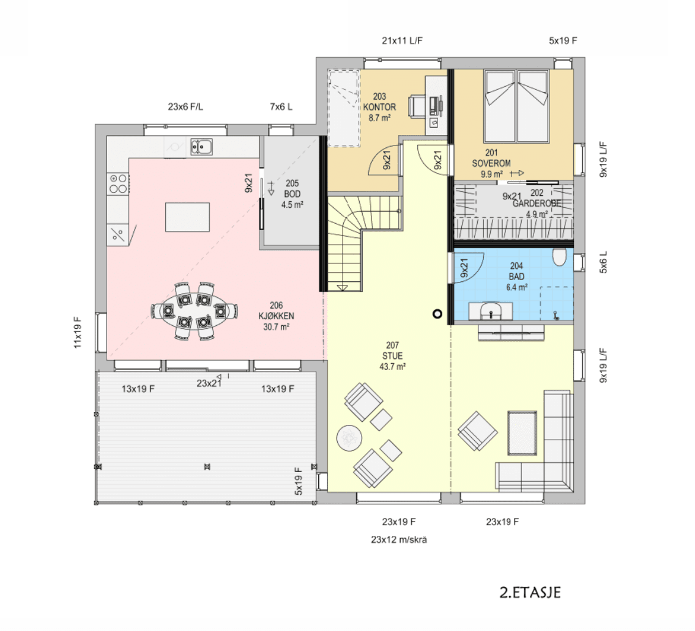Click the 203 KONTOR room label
click(379, 107)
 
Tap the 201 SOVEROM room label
click(491, 163)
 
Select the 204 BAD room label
click(516, 276)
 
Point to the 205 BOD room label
click(292, 194)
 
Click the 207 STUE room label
click(392, 355)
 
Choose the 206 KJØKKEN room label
click(276, 316)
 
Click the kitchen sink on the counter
click(202, 147)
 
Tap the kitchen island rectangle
click(187, 217)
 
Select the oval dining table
click(194, 311)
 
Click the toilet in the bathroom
click(559, 257)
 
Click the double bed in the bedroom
click(516, 106)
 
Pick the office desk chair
click(416, 106)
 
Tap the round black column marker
click(437, 314)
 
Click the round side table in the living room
click(349, 438)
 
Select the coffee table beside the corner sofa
click(522, 433)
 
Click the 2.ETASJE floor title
click(530, 592)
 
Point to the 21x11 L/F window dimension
click(402, 40)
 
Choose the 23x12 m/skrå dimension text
click(399, 540)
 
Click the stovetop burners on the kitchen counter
click(118, 183)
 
